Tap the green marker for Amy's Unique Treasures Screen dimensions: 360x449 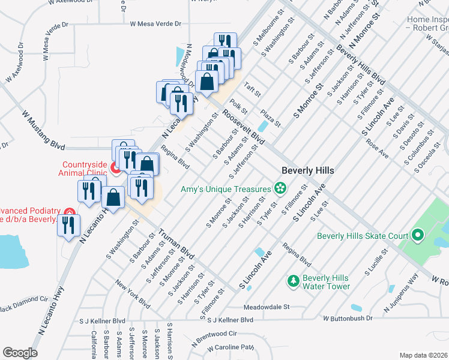[280, 189]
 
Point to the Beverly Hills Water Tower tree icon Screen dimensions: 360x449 [294, 280]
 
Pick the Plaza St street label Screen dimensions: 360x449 [271, 118]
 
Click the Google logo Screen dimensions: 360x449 [20, 352]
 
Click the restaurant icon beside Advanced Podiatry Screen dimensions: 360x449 [68, 225]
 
